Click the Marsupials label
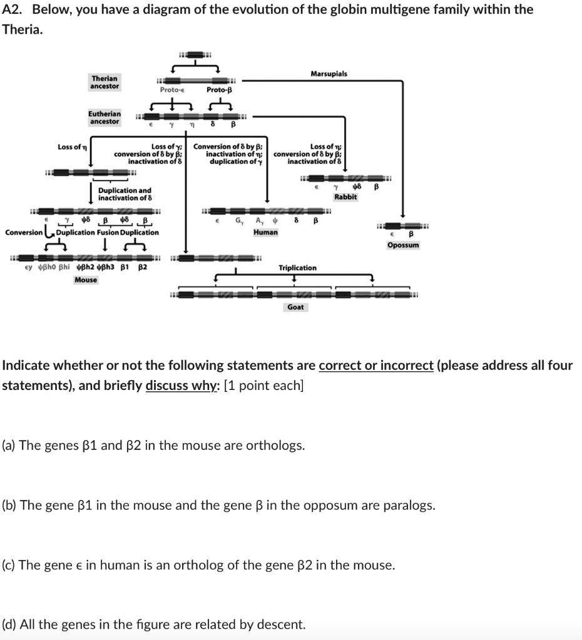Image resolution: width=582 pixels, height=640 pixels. coord(329,74)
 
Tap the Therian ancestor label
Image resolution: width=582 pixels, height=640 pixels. coord(105,82)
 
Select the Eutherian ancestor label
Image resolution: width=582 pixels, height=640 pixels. coord(105,117)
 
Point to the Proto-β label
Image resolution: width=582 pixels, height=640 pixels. coord(219,90)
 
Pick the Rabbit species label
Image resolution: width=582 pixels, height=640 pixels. coord(345,197)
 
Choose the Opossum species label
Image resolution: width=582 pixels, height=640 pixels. coord(403,245)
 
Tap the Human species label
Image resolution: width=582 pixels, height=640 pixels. coord(265,232)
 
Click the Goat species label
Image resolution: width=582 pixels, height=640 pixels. coord(295,307)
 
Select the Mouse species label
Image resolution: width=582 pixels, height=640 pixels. coord(86,279)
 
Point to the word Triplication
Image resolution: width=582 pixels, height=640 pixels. coord(297,267)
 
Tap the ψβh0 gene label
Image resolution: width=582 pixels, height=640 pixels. coord(46,267)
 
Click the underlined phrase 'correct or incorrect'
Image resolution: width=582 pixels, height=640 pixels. coord(375,365)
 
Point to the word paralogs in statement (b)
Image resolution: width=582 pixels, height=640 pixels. coord(407,505)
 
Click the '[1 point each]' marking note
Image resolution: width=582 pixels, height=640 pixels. coord(263,385)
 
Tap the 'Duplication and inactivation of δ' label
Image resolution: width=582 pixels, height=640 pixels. coord(125,194)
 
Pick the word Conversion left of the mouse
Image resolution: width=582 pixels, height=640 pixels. coord(23,232)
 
